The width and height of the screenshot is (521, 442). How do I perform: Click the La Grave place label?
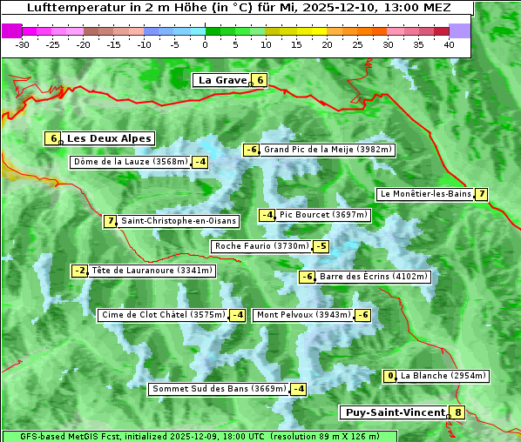[222, 80]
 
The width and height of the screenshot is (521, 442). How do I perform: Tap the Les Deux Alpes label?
[110, 138]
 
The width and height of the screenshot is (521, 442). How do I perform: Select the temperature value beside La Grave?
[260, 80]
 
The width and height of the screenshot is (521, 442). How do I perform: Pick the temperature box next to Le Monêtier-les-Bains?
[481, 194]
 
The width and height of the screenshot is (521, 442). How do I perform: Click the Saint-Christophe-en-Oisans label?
[178, 221]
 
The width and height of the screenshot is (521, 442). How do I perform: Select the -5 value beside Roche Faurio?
[321, 246]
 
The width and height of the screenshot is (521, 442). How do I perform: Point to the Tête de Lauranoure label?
[152, 271]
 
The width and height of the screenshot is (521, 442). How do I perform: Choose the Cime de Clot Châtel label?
[163, 315]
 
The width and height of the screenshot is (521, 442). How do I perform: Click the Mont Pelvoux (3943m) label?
[304, 315]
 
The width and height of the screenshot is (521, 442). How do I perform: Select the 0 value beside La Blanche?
[390, 376]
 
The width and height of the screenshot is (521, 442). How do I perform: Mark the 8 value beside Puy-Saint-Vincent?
[458, 412]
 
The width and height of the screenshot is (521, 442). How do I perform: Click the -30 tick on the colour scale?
[23, 44]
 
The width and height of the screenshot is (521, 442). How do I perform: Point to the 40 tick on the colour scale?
[449, 44]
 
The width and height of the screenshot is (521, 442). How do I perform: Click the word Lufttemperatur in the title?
[68, 8]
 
